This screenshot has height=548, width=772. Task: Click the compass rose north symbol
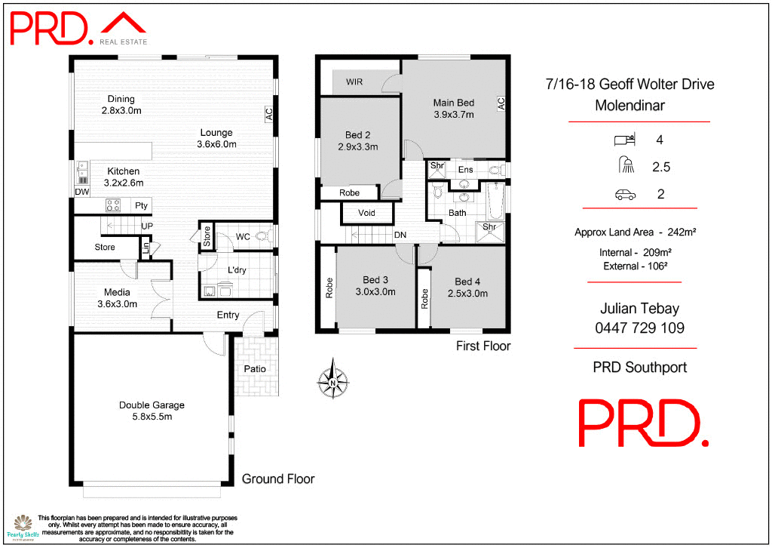tap(332, 377)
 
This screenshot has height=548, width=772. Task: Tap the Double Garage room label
tap(152, 405)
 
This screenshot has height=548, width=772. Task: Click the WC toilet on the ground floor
tap(263, 236)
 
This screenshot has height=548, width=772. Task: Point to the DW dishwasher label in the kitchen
tap(81, 192)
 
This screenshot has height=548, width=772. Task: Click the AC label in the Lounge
tap(268, 115)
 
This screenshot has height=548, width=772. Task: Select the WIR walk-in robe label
tap(354, 82)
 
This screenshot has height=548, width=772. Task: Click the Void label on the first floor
tap(366, 214)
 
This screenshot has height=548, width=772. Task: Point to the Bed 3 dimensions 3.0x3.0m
tap(375, 293)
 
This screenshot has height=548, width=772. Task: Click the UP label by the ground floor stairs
tap(148, 225)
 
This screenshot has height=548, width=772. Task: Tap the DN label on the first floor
tap(400, 236)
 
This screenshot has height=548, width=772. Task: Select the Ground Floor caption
tap(277, 479)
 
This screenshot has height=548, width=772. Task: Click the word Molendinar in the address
tap(630, 106)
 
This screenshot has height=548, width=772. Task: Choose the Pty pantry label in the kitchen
tap(141, 205)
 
